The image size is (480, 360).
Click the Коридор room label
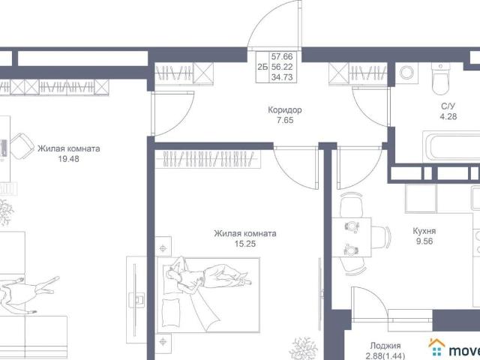[285, 110]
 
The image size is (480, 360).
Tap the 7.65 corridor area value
[285, 120]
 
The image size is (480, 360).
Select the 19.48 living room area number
[68, 159]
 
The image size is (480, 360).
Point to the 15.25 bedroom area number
[245, 244]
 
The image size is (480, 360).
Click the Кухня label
[424, 231]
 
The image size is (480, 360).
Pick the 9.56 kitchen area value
[424, 241]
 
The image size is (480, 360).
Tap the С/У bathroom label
[448, 106]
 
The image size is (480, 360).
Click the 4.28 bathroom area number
[448, 117]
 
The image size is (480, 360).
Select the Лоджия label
[385, 346]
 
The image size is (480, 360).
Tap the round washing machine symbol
[406, 73]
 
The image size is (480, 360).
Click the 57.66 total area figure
[282, 57]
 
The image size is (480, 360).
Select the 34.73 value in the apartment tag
[282, 77]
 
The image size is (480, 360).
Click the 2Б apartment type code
[262, 67]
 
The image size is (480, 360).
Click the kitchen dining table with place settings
[352, 237]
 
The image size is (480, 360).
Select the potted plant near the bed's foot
[304, 348]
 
